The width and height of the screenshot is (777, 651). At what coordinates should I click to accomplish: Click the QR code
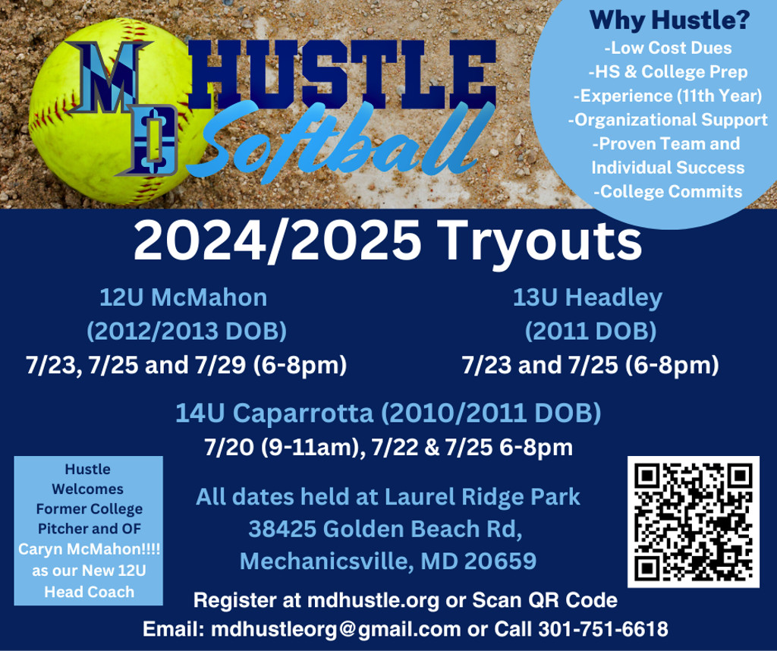(x=694, y=522)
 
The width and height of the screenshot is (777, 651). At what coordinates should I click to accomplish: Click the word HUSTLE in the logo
(x=342, y=74)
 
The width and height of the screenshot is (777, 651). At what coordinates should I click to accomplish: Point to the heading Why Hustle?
(x=669, y=20)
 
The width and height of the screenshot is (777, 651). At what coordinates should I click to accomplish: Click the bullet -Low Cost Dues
(x=668, y=48)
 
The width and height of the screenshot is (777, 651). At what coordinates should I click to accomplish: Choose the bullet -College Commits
(x=668, y=192)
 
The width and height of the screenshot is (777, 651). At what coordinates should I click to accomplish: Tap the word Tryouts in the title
(x=539, y=241)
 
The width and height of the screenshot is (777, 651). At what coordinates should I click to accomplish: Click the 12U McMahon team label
(x=184, y=297)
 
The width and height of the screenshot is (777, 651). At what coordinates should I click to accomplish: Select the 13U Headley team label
(x=588, y=297)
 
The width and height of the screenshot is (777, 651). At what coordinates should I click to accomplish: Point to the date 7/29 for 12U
(x=221, y=365)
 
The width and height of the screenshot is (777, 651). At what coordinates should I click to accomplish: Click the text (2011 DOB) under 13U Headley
(x=590, y=331)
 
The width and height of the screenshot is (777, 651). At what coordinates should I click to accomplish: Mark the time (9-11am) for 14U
(x=310, y=448)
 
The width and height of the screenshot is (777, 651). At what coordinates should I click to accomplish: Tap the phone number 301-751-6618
(x=603, y=629)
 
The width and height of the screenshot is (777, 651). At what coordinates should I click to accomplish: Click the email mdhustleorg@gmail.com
(x=335, y=630)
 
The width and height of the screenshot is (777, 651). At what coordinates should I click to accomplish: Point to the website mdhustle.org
(x=373, y=600)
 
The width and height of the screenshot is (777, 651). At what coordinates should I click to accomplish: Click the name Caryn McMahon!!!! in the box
(x=90, y=549)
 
